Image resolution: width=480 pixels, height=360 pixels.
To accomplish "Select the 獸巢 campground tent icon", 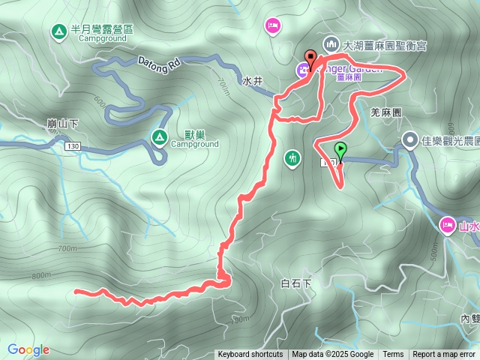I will [159, 136].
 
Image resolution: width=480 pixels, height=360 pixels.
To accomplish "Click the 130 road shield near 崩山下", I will [72, 145].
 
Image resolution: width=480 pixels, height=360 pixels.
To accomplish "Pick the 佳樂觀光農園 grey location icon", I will [410, 139].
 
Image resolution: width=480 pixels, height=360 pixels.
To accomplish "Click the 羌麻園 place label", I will [387, 111].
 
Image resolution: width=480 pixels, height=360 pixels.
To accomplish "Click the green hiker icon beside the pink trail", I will [292, 158].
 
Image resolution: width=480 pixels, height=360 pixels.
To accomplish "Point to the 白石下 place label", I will [295, 283].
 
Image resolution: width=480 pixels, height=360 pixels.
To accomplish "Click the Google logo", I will [28, 349].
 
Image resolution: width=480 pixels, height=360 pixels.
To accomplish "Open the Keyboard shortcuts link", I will [250, 355].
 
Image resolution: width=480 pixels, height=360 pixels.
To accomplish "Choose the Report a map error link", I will [444, 355].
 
